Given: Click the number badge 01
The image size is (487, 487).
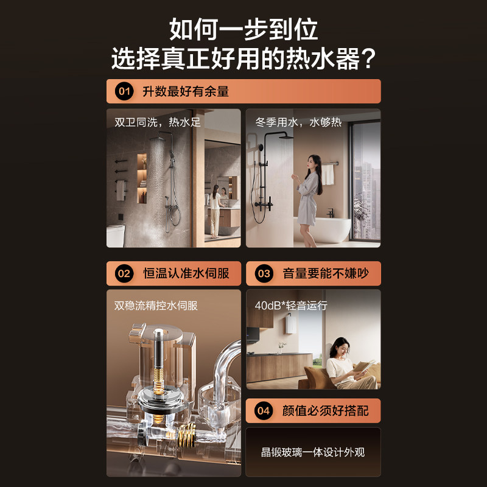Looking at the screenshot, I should pos(124,92).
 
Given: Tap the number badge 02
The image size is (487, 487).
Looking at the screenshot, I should pos(124,273).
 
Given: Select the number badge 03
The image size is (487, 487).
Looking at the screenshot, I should pos(264,273).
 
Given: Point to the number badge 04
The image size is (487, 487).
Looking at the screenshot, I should pos(264,411).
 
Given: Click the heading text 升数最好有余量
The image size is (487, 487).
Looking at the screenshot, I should pos(186,92).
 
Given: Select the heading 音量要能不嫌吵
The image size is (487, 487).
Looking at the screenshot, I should pos(326,273).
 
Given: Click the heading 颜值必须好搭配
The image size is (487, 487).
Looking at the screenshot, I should pos(326,411).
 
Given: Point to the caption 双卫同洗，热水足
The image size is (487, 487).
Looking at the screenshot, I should pos(158,122).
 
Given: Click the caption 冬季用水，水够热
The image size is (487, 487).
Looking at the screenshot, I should pos(298,122).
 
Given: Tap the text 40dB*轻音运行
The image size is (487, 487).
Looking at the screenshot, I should pos(291,305).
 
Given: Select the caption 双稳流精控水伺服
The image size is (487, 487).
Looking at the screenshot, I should pos(156,305).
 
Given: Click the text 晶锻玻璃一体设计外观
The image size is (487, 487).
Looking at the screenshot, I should pos(313,452).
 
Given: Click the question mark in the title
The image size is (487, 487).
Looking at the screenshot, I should pos(366,59).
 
